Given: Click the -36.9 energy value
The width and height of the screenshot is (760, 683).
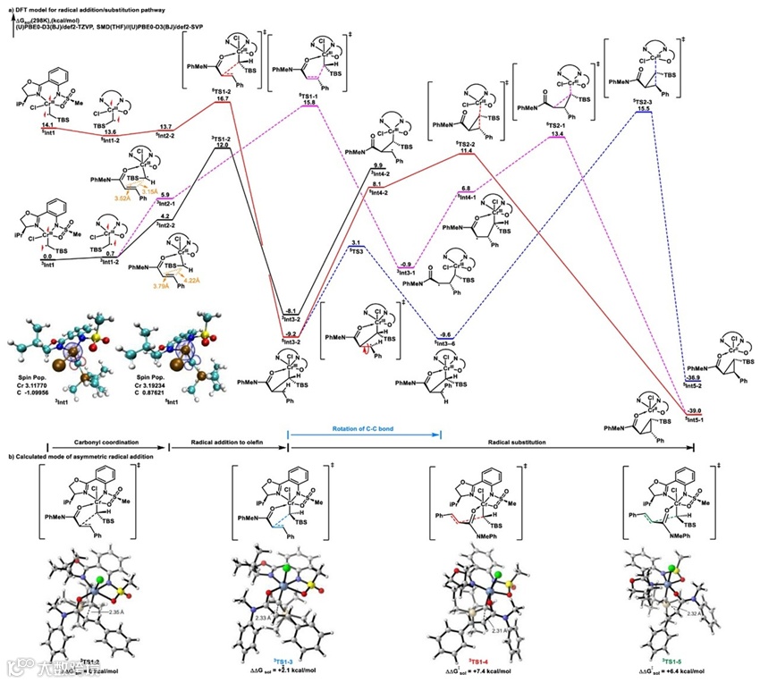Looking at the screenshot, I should click(x=693, y=378).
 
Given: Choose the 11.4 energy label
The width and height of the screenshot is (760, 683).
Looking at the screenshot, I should click(x=466, y=152).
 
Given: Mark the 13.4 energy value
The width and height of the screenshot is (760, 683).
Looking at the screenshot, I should click(x=556, y=134).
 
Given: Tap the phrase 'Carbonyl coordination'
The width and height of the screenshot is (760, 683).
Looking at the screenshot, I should click(x=107, y=443).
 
